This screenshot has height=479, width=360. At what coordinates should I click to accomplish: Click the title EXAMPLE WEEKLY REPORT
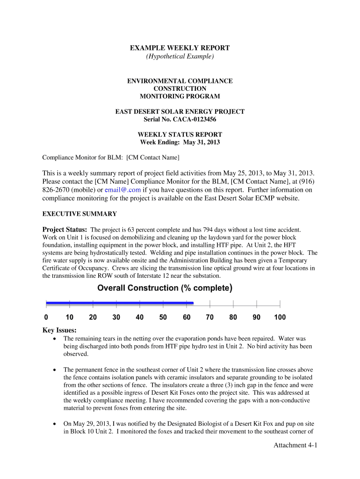coord(180,48)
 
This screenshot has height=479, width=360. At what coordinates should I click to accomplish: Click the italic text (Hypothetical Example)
coord(180,57)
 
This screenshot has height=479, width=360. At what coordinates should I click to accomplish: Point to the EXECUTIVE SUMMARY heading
coord(79,214)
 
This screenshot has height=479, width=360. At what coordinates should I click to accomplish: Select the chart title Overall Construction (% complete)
coord(165,288)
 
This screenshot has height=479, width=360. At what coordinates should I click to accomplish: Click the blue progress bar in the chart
coord(119,303)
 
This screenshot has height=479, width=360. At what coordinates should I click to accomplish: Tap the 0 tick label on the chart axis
coord(46,318)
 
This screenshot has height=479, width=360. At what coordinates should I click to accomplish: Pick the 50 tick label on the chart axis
coord(163,318)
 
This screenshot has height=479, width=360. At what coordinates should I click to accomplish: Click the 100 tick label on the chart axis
coord(280,318)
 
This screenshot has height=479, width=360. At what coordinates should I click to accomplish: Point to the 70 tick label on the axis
coord(209,318)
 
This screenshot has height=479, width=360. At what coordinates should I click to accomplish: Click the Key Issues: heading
coord(60,330)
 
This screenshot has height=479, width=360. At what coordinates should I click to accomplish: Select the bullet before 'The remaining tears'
coord(56,338)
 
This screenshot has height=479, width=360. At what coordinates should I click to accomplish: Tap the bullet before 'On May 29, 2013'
coord(56,423)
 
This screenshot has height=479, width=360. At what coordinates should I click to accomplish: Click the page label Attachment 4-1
coord(295,445)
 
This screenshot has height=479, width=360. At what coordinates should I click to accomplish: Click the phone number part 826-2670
coord(58,190)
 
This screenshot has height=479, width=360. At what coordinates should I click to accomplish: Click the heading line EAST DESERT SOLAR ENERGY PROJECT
coord(180,111)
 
